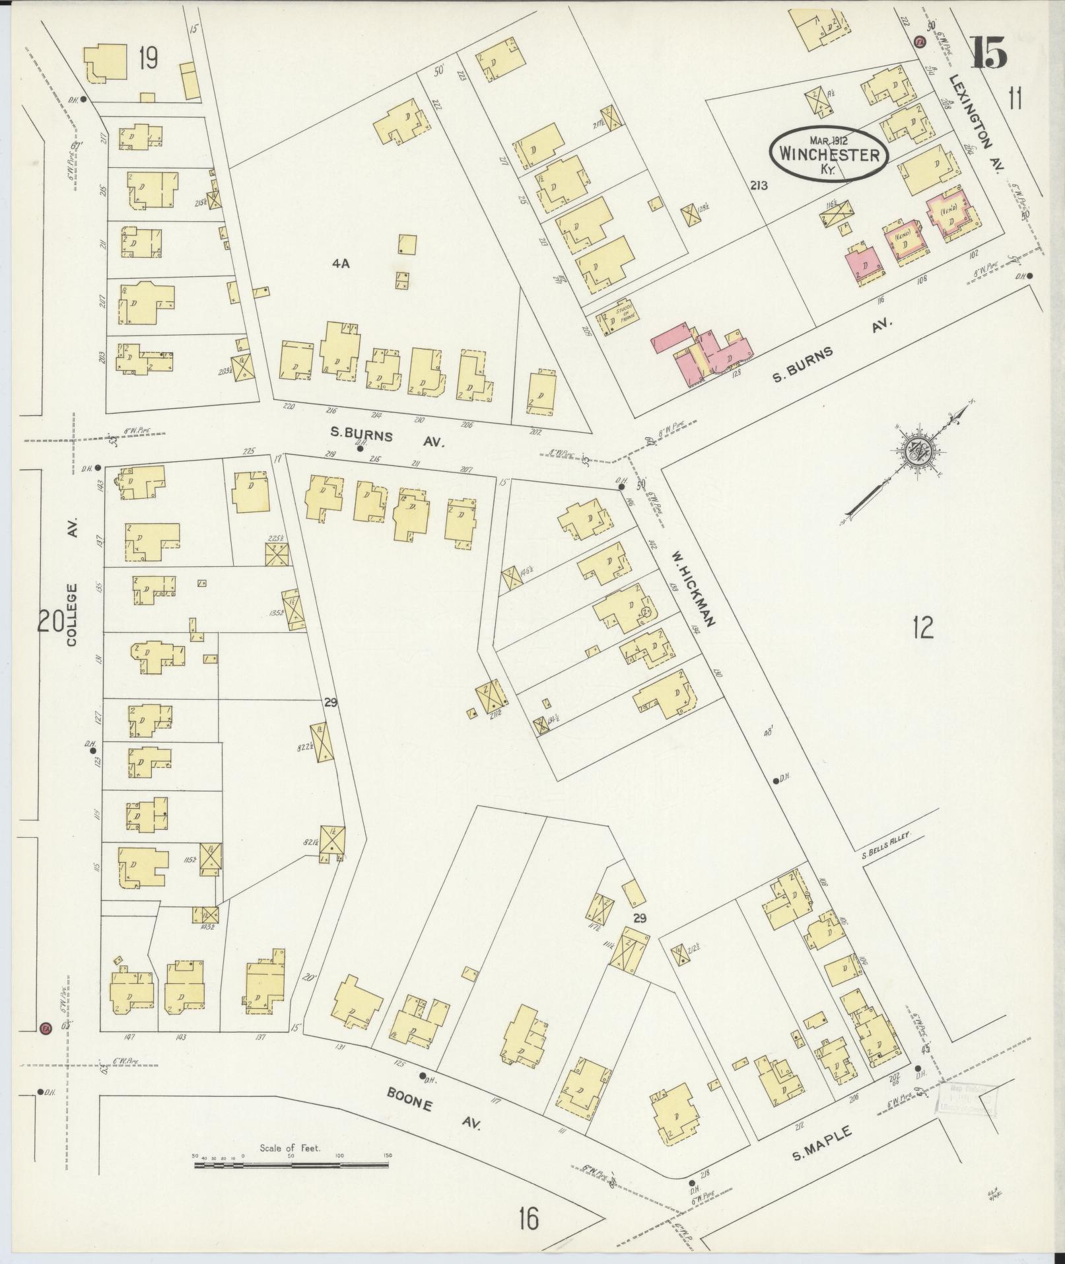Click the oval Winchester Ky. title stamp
[829, 153]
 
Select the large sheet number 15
[988, 52]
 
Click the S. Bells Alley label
[886, 836]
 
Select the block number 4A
[340, 264]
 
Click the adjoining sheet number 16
[528, 1218]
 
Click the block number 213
[758, 186]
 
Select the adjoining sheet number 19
[147, 59]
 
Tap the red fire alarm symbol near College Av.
[46, 1047]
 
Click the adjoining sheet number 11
[1015, 99]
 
